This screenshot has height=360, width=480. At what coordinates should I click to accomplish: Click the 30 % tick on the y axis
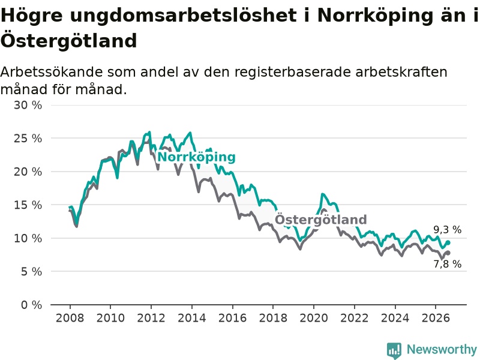pos(28,106)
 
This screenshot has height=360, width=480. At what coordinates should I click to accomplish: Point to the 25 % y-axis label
pos(28,139)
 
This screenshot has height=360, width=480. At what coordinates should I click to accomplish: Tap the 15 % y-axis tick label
pos(28,205)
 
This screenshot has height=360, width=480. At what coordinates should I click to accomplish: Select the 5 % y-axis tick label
pos(31,272)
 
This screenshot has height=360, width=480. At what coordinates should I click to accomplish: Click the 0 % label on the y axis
pos(31,305)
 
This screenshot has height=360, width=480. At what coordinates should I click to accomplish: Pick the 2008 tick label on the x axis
pos(70,318)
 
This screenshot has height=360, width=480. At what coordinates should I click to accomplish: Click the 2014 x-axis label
pos(191,318)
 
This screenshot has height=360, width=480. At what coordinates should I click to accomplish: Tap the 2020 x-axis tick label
pos(313,318)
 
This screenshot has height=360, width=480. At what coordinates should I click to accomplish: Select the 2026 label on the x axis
pos(436,318)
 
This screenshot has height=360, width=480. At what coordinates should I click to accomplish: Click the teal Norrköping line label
pos(197,157)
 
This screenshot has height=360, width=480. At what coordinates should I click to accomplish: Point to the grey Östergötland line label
pos(320,220)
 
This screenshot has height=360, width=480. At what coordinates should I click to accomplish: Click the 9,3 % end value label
pos(447,230)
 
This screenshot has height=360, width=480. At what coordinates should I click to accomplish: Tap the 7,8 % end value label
pos(447,264)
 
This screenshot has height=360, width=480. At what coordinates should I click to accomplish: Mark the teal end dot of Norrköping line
pos(448,243)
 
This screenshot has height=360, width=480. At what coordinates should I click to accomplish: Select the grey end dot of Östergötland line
pos(448,253)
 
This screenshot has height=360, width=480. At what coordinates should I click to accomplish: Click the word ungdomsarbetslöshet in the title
pos(184,16)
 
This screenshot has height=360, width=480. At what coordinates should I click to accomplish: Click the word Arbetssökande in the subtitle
pos(52,72)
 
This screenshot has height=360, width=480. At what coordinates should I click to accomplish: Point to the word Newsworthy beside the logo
pos(442,349)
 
